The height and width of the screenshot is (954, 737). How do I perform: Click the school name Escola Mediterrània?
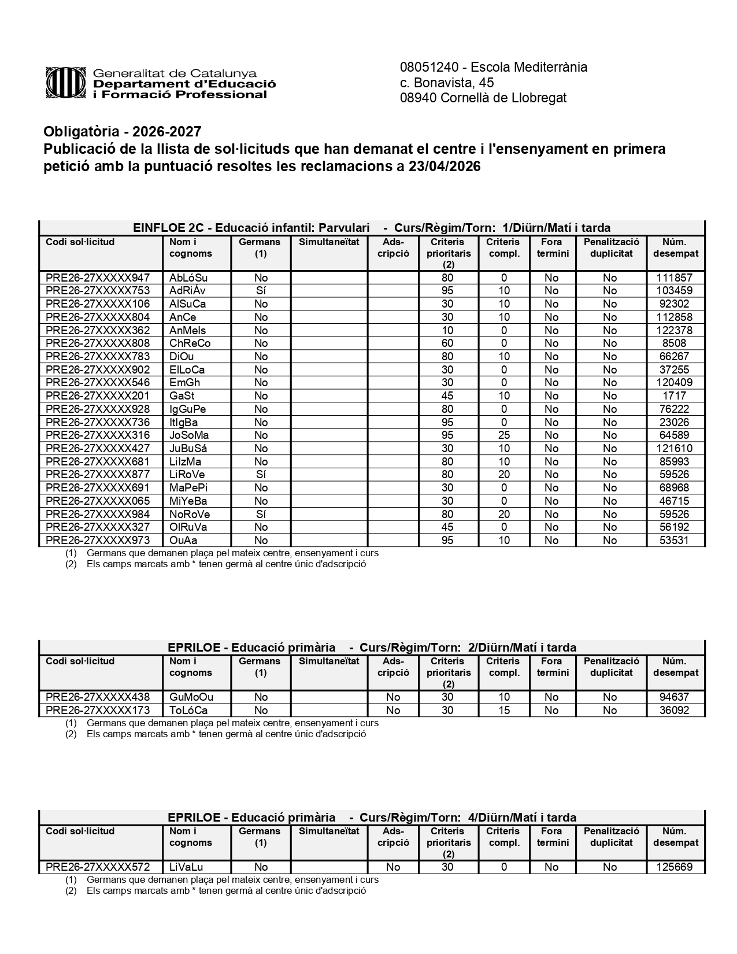point(530,67)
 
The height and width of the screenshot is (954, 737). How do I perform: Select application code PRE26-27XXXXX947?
point(97,278)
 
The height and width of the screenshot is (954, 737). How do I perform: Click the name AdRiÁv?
point(187,291)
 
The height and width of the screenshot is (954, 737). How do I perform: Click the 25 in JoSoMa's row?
point(504,435)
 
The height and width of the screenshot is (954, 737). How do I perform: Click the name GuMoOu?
point(191,697)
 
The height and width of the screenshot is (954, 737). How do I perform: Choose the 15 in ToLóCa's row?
point(504,711)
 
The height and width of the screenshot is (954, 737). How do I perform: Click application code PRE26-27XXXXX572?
point(97,867)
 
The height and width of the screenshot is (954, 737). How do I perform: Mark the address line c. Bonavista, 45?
point(447,83)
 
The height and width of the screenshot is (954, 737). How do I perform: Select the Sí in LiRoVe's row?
point(261,475)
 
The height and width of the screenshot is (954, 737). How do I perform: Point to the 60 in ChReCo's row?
point(447,343)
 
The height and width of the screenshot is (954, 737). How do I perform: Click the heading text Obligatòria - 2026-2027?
point(123,132)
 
